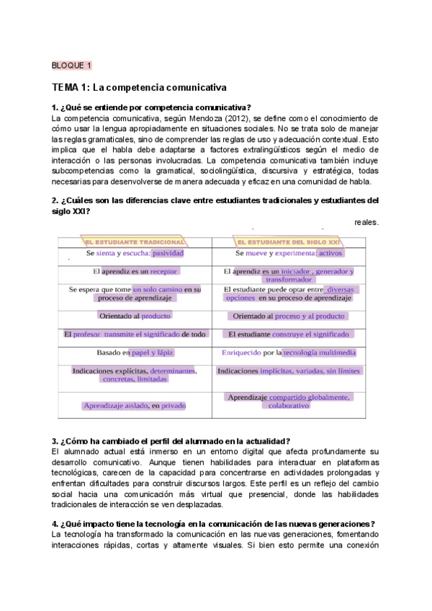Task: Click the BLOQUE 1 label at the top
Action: click(72, 66)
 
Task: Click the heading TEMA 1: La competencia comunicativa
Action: click(139, 87)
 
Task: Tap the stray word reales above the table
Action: click(366, 223)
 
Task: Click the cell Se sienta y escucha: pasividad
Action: click(135, 254)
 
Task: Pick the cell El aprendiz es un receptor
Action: click(135, 272)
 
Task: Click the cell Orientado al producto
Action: click(135, 316)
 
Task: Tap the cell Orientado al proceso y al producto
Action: click(289, 316)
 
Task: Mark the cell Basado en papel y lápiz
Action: click(135, 352)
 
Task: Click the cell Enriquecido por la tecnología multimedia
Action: click(289, 352)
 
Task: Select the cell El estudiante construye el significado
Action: click(289, 334)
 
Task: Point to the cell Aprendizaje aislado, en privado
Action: click(135, 406)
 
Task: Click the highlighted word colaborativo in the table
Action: click(289, 406)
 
